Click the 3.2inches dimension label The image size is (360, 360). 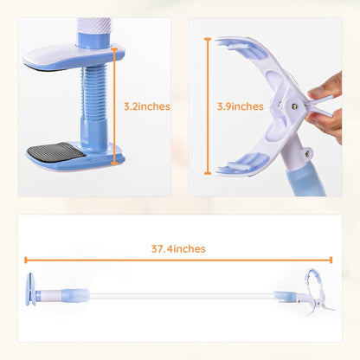[x=146, y=106]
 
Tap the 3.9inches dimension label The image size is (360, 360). [x=240, y=106]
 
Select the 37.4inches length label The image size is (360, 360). [x=177, y=248]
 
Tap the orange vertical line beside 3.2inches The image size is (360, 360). [x=115, y=106]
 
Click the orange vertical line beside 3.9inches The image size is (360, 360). [x=208, y=106]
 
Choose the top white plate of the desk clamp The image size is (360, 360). [x=65, y=58]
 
